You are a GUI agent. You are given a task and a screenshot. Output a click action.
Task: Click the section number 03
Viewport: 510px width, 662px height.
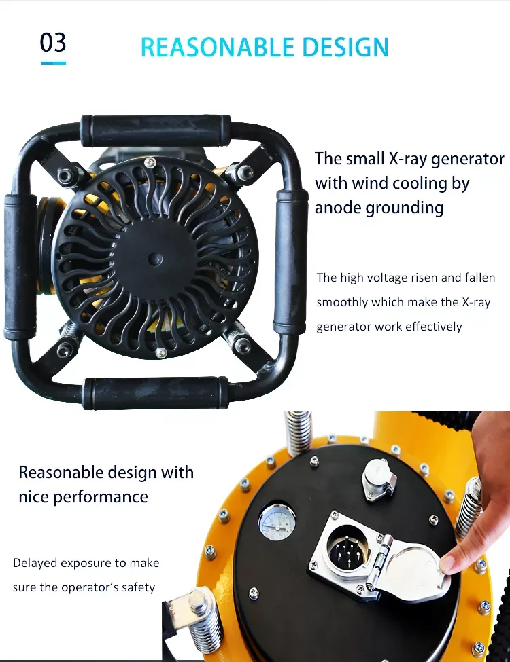[x=53, y=42]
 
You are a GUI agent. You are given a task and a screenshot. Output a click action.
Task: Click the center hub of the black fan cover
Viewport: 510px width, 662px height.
[x=156, y=258]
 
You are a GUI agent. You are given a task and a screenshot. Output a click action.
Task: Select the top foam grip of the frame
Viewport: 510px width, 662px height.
[x=156, y=128]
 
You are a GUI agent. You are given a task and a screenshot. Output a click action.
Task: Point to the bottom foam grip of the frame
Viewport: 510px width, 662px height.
[x=156, y=392]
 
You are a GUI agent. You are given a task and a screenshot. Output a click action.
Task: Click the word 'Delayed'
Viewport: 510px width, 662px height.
[x=34, y=563]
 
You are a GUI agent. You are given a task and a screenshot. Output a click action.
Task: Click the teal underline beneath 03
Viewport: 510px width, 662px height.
[x=53, y=63]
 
